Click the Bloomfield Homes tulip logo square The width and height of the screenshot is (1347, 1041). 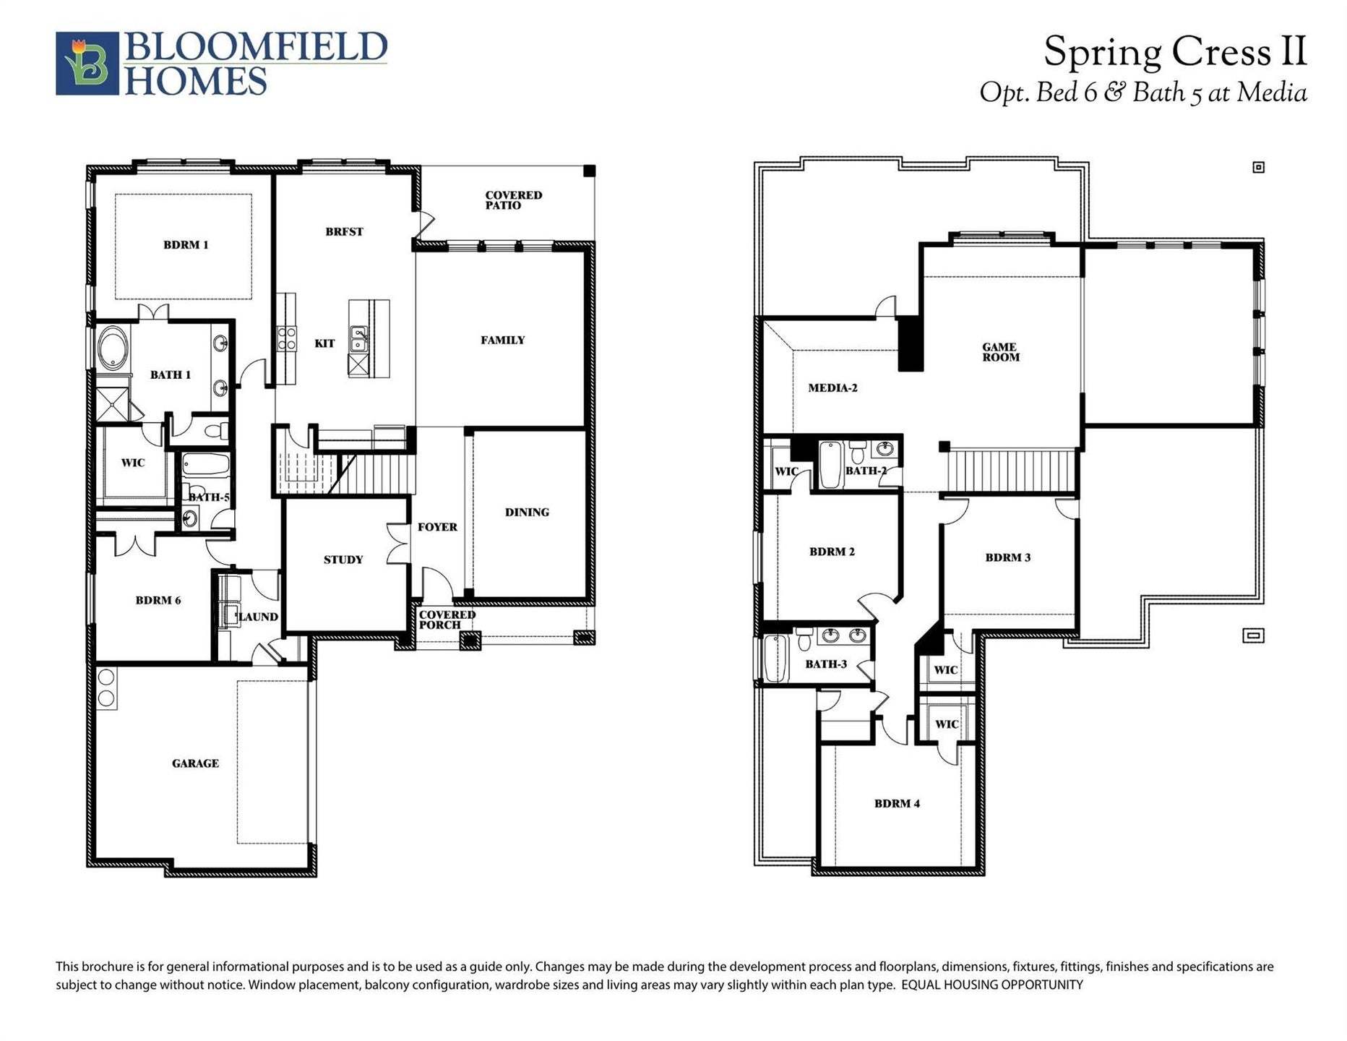(x=87, y=64)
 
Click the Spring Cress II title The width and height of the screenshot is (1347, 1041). (x=1174, y=53)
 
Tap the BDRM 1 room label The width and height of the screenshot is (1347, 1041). (x=186, y=245)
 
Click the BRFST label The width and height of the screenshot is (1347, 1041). (x=344, y=232)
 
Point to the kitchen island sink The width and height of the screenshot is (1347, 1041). (x=358, y=338)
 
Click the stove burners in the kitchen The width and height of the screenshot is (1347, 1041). (x=287, y=339)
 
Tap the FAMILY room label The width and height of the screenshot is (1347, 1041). (x=503, y=340)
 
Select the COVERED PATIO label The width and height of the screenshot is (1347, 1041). (x=513, y=200)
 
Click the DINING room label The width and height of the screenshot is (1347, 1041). (x=527, y=513)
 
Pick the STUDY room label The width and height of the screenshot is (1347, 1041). (x=343, y=560)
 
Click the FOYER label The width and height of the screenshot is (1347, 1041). (x=437, y=528)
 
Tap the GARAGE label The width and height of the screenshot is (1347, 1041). (x=195, y=763)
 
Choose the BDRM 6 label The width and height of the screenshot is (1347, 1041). (x=158, y=601)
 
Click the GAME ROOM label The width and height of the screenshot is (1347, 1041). (x=1001, y=352)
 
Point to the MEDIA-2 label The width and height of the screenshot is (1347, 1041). (x=832, y=388)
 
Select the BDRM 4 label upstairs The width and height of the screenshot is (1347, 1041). (x=897, y=804)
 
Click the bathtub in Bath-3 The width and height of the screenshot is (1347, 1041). (x=775, y=658)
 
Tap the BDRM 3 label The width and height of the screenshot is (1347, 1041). (x=1008, y=558)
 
